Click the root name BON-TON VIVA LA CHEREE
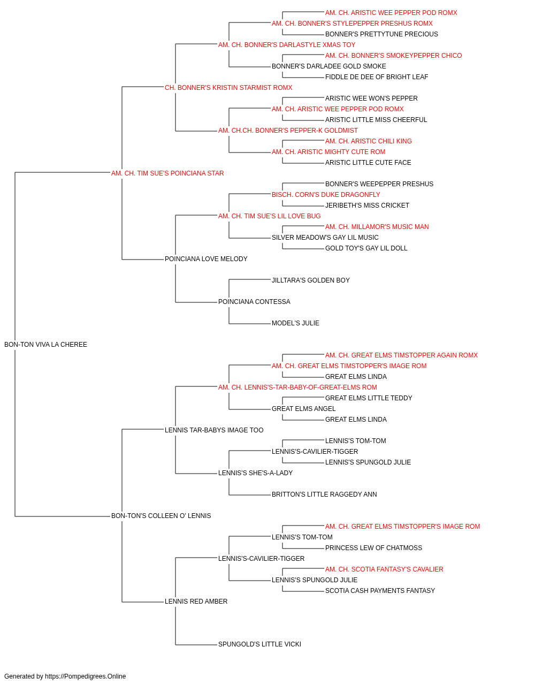[x=45, y=345]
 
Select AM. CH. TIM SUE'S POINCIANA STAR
[x=167, y=173]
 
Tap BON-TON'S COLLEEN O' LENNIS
[x=161, y=516]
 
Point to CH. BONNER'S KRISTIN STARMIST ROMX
[x=228, y=88]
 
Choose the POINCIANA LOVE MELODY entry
[x=206, y=259]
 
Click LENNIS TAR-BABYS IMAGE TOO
[x=214, y=430]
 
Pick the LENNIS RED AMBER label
[x=196, y=601]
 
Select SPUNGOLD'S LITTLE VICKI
[x=259, y=644]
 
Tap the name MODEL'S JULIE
[x=295, y=323]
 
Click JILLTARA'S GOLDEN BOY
[x=311, y=280]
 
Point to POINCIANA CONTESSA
[x=254, y=302]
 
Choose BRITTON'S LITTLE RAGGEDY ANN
[x=324, y=494]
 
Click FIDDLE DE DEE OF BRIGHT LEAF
[x=377, y=77]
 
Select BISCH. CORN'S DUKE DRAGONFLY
[x=326, y=195]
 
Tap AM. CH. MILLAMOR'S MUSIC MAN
[x=377, y=227]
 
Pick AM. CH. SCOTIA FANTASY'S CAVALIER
[x=384, y=569]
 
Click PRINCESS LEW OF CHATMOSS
[x=373, y=548]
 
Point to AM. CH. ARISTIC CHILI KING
[x=368, y=141]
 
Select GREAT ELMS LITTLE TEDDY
[x=369, y=398]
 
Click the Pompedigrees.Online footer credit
[x=65, y=676]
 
